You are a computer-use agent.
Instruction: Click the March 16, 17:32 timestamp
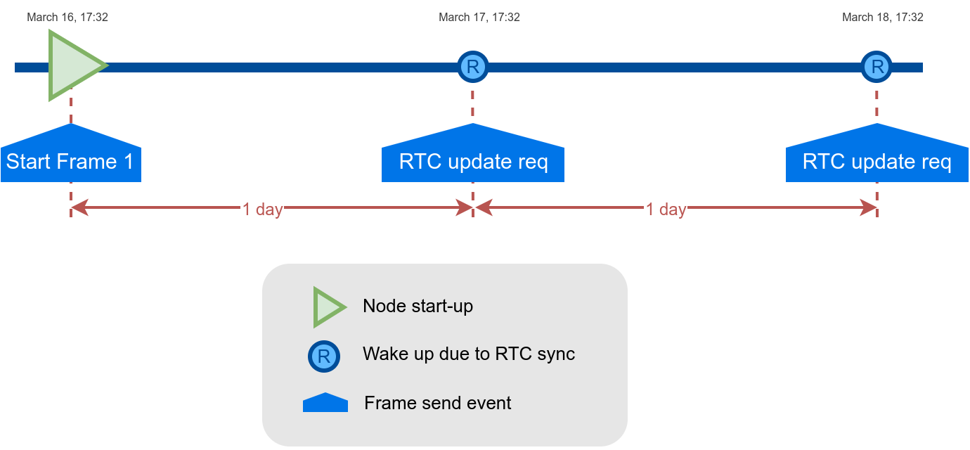click(x=67, y=18)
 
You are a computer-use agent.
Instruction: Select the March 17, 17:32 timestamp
click(x=479, y=18)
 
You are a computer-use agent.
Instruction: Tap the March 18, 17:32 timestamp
click(x=883, y=18)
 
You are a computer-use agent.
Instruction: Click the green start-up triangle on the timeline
click(x=74, y=65)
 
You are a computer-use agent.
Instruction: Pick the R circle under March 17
click(x=473, y=67)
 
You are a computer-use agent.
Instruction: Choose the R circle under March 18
click(x=877, y=67)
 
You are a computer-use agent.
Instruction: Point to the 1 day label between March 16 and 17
click(x=262, y=210)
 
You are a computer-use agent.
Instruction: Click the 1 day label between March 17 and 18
click(x=666, y=210)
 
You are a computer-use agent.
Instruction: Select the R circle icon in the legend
click(x=324, y=356)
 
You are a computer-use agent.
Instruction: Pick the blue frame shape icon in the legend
click(x=325, y=403)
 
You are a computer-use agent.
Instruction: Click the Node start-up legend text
click(x=418, y=306)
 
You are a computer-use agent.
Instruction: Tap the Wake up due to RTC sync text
click(x=469, y=354)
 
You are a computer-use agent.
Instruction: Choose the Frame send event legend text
click(x=438, y=403)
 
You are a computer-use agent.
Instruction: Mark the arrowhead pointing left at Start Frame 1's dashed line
click(x=79, y=207)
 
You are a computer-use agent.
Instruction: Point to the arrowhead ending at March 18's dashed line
click(x=869, y=207)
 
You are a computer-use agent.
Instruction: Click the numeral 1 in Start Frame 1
click(x=129, y=162)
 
